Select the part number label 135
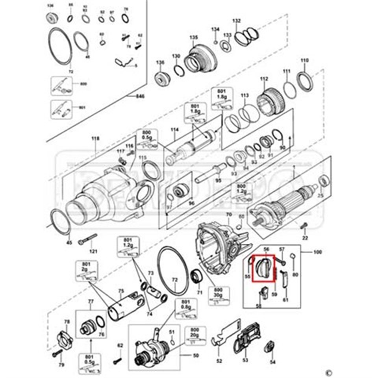coord(193,38)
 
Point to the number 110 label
coord(305,61)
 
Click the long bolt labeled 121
coord(87,239)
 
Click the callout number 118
coord(95,139)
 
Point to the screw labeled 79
coord(58,353)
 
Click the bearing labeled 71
coord(196,276)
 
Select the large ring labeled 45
coord(61,221)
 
